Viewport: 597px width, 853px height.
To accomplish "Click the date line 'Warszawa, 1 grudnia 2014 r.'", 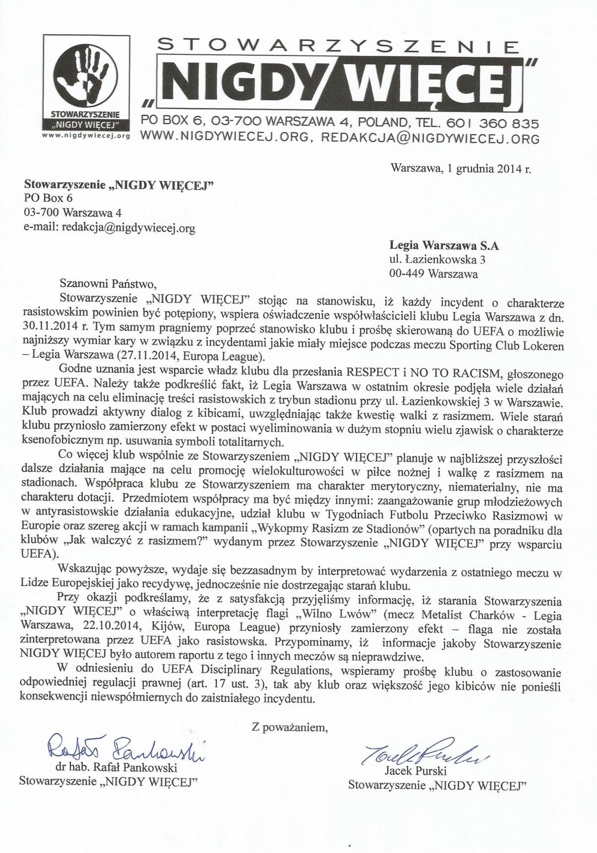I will click(461, 169).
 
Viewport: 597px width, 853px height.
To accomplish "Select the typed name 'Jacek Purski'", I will click(415, 772).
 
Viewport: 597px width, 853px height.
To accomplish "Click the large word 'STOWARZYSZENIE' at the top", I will click(338, 48).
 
